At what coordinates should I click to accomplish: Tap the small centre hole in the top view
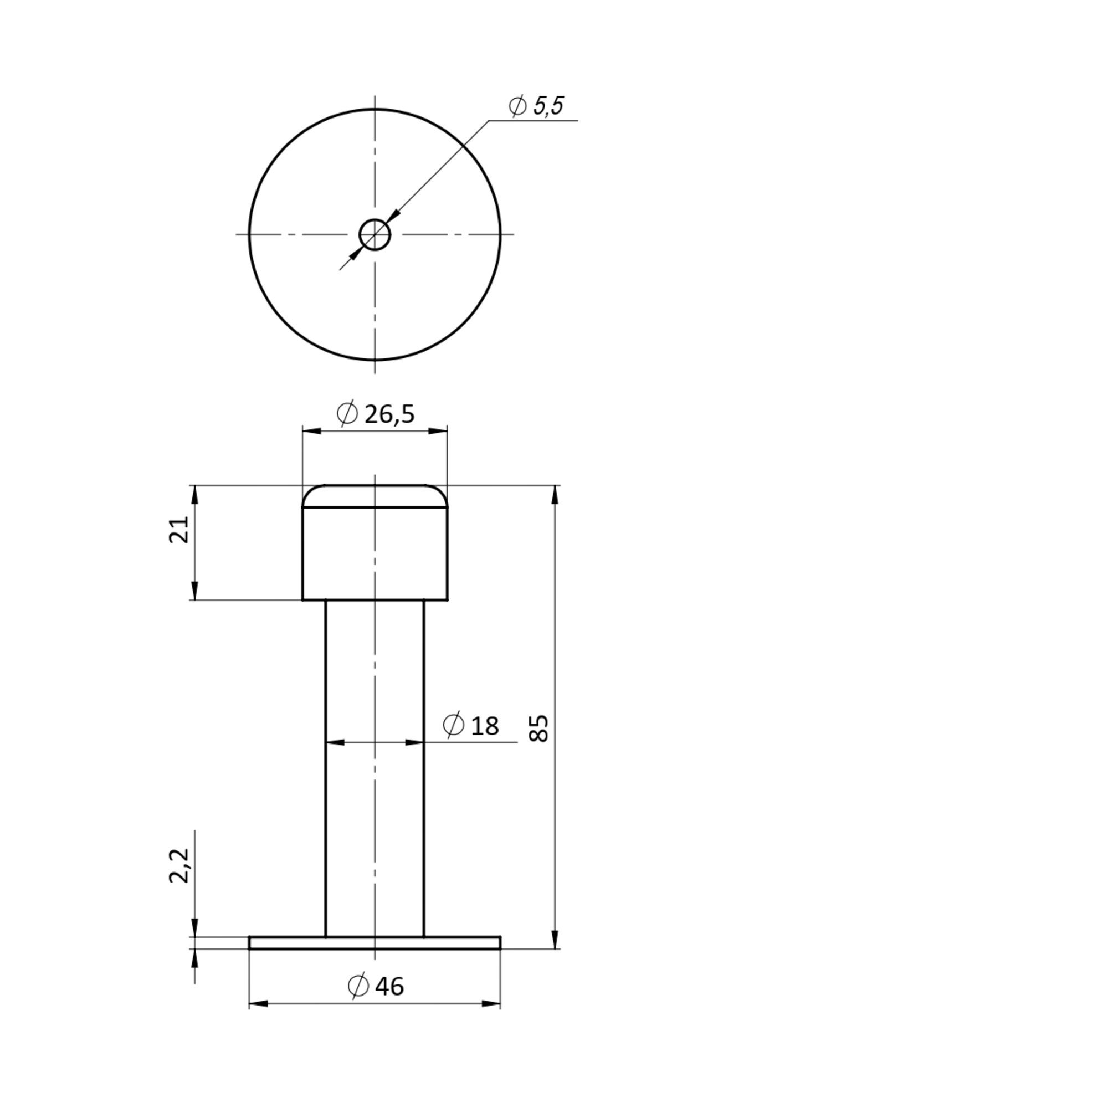(375, 234)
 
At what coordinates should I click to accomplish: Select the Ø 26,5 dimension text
(376, 413)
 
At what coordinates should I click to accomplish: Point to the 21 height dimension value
(179, 529)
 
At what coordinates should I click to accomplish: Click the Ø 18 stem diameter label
(471, 726)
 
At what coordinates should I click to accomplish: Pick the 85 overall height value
(539, 729)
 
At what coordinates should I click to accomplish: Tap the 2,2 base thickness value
(179, 866)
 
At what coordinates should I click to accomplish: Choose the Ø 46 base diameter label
(376, 987)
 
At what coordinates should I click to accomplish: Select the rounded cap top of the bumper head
(375, 496)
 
